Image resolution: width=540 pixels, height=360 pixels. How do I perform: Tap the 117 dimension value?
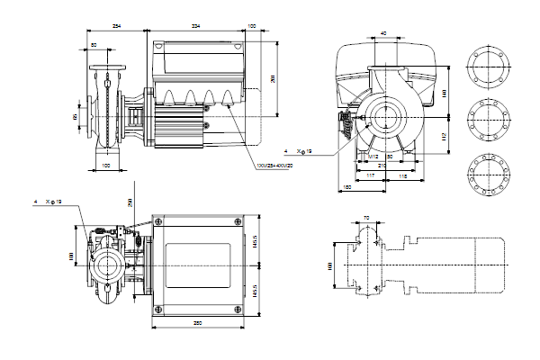371,176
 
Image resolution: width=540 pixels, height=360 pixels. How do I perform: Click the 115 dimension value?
404,176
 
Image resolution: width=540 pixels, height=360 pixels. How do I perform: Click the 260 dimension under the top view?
196,322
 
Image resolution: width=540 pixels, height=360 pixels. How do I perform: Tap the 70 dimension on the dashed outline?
366,219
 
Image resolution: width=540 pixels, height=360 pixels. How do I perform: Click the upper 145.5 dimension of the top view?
254,243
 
